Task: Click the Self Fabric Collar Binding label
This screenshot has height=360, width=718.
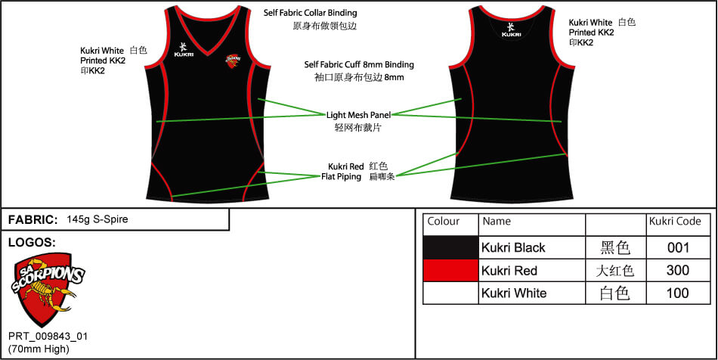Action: (x=310, y=13)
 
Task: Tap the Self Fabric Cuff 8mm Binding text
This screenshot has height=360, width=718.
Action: (x=359, y=65)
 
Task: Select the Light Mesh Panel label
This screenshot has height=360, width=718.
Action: (x=358, y=115)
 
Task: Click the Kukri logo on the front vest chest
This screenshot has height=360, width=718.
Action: (x=184, y=48)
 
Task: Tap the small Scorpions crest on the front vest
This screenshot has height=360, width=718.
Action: (x=234, y=58)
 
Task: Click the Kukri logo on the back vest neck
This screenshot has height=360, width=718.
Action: (x=511, y=29)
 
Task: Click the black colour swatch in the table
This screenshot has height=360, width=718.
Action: (x=451, y=247)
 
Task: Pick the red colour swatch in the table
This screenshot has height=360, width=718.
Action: (x=451, y=270)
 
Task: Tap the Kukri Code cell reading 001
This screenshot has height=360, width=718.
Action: (x=678, y=247)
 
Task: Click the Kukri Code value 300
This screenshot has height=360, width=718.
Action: (x=678, y=270)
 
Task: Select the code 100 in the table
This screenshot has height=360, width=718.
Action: (x=678, y=293)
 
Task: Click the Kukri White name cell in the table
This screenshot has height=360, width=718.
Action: (x=514, y=293)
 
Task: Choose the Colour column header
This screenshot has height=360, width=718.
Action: (x=444, y=222)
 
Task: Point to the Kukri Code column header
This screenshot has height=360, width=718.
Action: (x=675, y=222)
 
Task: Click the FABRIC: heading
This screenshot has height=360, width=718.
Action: (x=32, y=219)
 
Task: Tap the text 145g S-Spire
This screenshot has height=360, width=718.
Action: (x=97, y=219)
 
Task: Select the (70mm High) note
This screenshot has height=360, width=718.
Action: (x=39, y=349)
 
